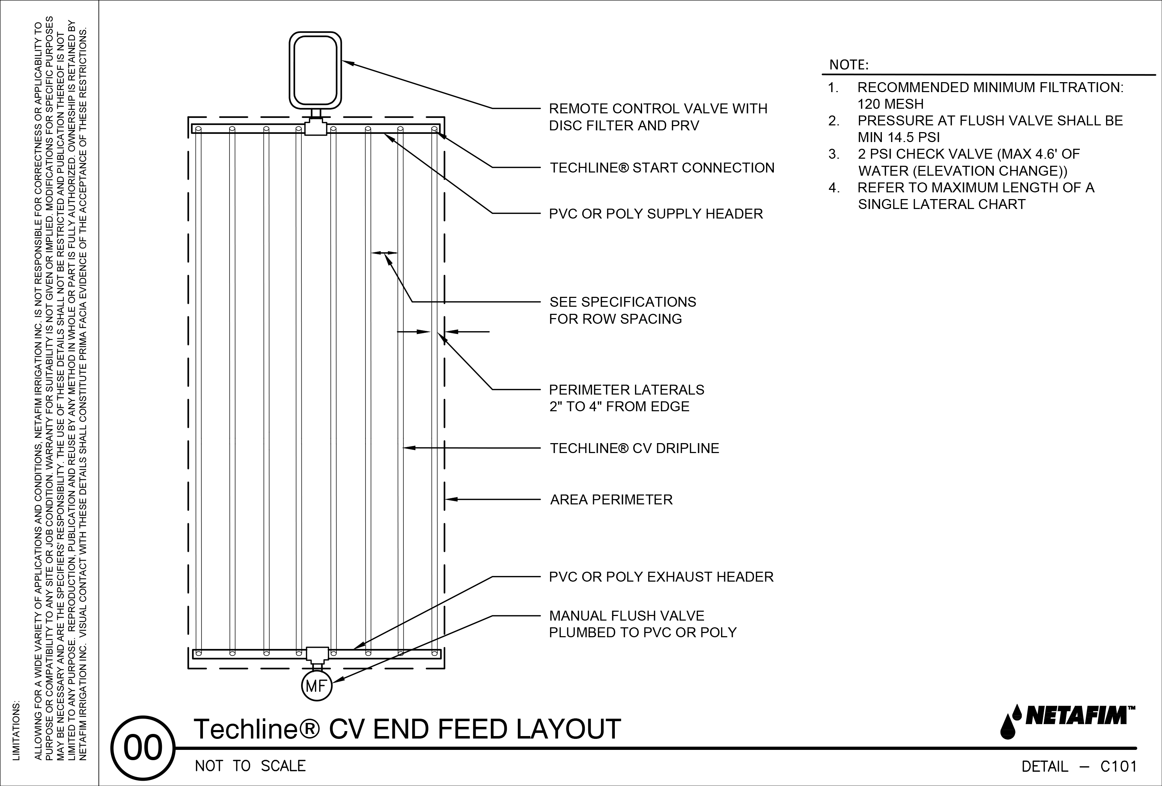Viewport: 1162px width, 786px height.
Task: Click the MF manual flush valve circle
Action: pos(317,686)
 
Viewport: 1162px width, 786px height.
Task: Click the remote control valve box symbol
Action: pos(316,70)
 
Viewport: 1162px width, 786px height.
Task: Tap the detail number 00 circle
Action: pos(143,748)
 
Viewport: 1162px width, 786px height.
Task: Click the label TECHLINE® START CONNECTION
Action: pos(662,168)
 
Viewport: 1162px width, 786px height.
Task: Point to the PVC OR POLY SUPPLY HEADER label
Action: pos(656,214)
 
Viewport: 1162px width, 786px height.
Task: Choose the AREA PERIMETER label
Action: pos(611,499)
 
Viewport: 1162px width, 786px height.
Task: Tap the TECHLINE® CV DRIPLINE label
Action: pos(634,448)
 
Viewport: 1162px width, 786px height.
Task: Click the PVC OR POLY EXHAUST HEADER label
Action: pos(661,577)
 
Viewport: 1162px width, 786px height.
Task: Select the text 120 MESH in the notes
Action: pos(890,104)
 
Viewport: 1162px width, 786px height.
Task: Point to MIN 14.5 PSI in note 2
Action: pos(899,137)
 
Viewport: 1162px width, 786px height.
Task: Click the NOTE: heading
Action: pos(849,65)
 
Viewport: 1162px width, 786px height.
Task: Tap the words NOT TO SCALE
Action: pos(250,766)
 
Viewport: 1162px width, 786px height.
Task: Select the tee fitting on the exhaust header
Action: pos(317,654)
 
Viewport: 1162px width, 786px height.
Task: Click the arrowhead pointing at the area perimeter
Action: pos(450,499)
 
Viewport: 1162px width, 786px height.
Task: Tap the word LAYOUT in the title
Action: pos(568,729)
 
